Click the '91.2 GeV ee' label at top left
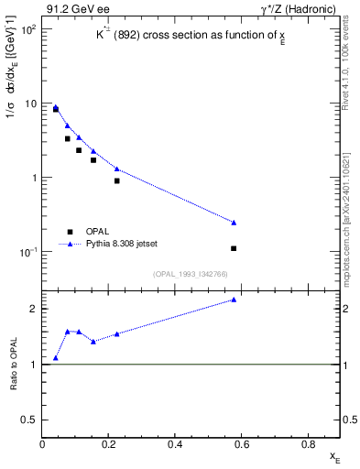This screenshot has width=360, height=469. (79, 9)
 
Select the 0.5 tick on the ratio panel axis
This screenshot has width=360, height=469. (31, 420)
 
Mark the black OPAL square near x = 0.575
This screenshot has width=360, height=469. (234, 248)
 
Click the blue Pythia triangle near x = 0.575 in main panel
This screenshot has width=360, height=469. (234, 223)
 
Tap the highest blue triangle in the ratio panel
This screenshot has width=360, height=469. (234, 300)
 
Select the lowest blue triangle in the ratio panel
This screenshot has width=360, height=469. (56, 358)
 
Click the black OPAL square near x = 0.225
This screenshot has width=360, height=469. (117, 180)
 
